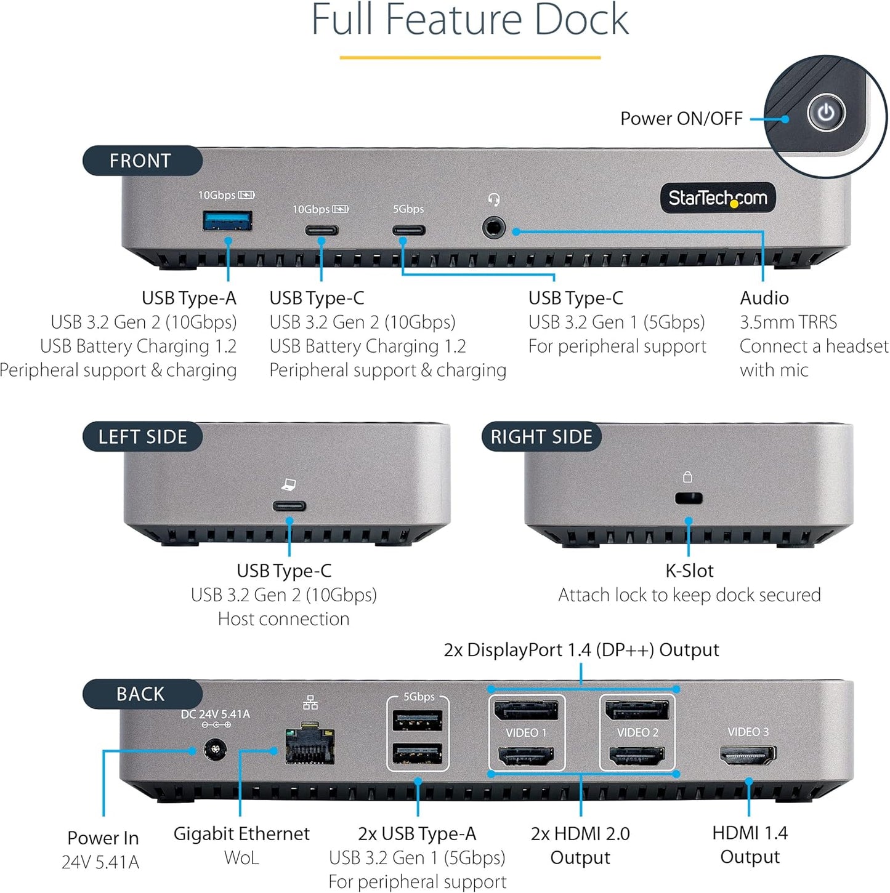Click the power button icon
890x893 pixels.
(x=826, y=113)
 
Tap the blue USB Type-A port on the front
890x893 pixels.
(x=227, y=220)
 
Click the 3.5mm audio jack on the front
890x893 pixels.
(x=493, y=228)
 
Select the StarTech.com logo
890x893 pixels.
(x=718, y=198)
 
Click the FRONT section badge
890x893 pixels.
(x=141, y=161)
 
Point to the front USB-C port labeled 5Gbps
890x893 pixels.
(x=409, y=231)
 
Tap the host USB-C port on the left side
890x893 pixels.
(x=289, y=507)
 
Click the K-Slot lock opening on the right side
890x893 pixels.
(x=689, y=498)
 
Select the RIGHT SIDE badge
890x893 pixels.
(x=541, y=436)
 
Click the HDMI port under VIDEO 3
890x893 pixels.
(x=748, y=755)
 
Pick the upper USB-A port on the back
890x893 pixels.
(x=418, y=720)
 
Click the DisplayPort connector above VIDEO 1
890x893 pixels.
(x=526, y=710)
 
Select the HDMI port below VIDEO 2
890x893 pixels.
(x=637, y=756)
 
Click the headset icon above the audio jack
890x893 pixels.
(x=493, y=199)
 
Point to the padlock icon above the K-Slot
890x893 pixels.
(x=687, y=477)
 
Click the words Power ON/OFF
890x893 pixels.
(x=681, y=118)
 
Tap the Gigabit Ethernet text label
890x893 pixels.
(x=241, y=833)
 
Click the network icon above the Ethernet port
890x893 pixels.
(x=310, y=702)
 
